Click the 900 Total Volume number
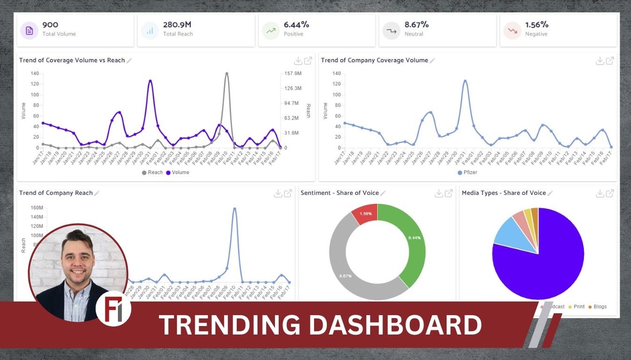(x=50, y=25)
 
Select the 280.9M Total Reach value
(x=177, y=25)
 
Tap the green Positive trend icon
(x=271, y=31)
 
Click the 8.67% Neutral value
(x=417, y=25)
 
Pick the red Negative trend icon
(x=512, y=31)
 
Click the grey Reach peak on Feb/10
(x=226, y=74)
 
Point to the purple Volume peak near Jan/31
(x=150, y=81)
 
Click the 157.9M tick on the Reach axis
(x=293, y=74)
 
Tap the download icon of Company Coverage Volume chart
(x=599, y=60)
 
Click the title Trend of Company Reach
(x=56, y=193)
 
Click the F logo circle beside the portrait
(x=113, y=309)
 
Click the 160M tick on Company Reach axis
(x=37, y=208)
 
